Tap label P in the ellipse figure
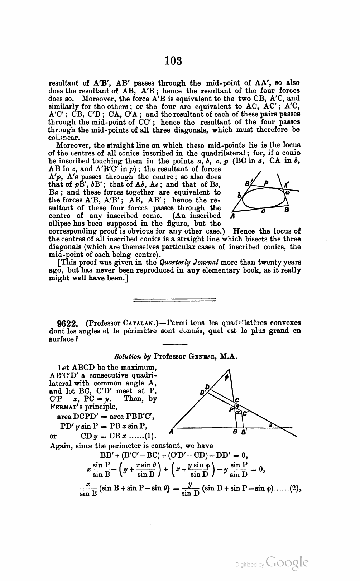[266, 184]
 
